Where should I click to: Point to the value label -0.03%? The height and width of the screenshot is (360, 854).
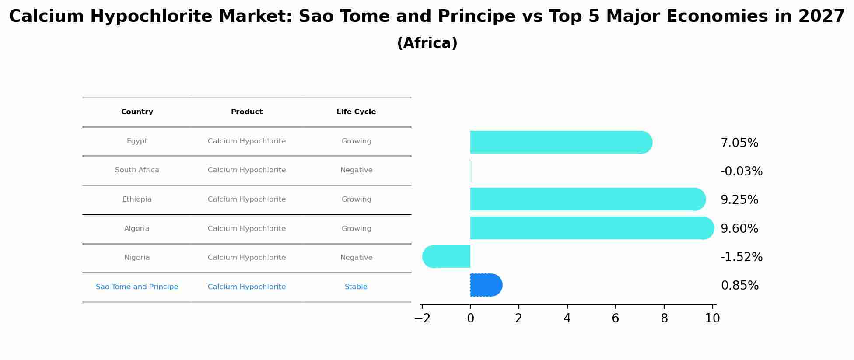[741, 171]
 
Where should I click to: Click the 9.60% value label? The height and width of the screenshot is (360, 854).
[739, 229]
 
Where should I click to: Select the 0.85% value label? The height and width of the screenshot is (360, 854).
[739, 286]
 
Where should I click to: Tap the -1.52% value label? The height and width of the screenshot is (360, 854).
[741, 257]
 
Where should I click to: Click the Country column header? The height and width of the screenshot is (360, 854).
[137, 112]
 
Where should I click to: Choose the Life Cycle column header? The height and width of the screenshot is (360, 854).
[356, 112]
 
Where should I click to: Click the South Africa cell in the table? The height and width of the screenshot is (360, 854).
[137, 170]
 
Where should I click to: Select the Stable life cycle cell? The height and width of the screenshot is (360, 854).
[356, 287]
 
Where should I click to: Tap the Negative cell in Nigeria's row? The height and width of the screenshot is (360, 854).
[356, 258]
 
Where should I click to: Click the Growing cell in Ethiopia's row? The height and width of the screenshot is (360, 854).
[356, 199]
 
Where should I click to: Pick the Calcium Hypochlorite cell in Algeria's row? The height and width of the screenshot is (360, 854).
[247, 229]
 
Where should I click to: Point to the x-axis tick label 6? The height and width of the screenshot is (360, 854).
[615, 318]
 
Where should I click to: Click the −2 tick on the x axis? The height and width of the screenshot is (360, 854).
[422, 318]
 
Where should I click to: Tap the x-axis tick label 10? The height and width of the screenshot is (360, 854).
[712, 318]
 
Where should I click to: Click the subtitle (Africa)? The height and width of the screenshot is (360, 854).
[427, 43]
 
